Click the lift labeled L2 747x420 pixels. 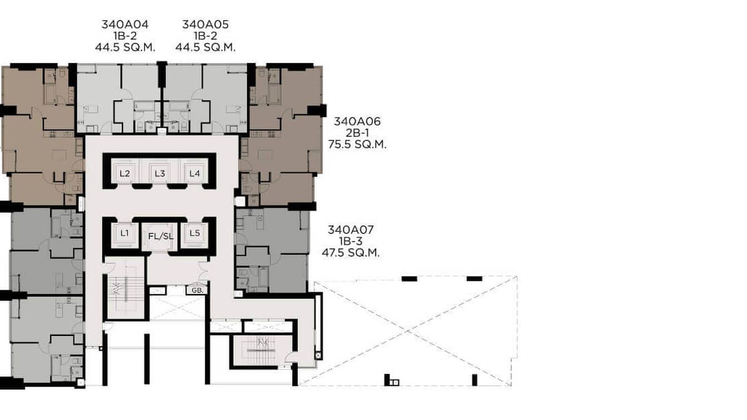tap(125, 173)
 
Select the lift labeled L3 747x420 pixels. tap(160, 173)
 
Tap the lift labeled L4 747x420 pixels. tap(194, 173)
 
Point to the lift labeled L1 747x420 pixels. tap(124, 233)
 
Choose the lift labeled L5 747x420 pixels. tap(194, 233)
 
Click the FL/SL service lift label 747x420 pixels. tap(161, 236)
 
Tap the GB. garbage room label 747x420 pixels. tap(196, 290)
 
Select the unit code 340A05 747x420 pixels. tap(205, 25)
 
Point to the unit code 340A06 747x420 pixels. tap(357, 121)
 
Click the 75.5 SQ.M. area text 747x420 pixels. tap(357, 144)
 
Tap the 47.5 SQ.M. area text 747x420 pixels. tap(351, 252)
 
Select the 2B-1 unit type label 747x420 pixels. tap(357, 133)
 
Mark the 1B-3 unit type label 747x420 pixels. tap(351, 241)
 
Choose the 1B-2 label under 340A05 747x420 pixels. tap(205, 36)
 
